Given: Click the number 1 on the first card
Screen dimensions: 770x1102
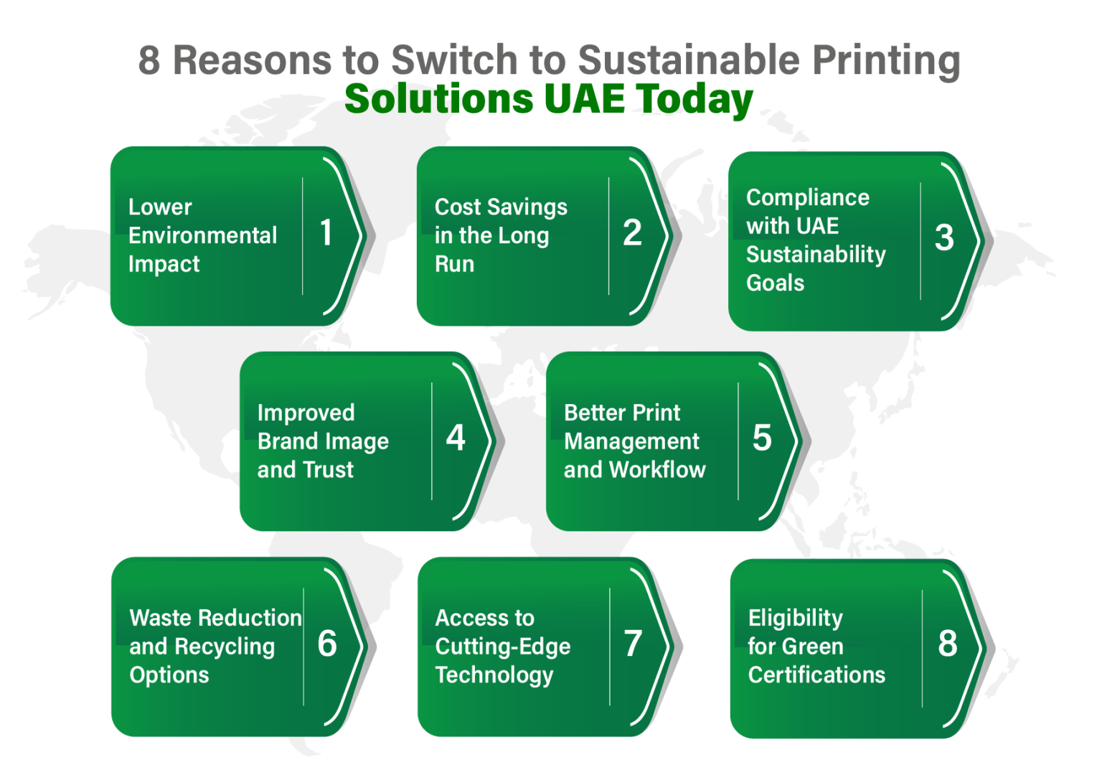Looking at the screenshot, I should (x=326, y=233).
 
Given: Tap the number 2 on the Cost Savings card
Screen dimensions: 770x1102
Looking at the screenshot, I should (x=632, y=233).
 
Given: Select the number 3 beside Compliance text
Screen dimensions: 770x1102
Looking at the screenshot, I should (x=944, y=238).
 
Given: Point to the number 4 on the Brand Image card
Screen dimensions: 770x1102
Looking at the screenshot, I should (x=456, y=438).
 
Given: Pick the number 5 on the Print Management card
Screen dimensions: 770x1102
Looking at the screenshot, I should (x=762, y=438).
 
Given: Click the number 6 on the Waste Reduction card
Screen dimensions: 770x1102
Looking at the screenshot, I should (x=327, y=644).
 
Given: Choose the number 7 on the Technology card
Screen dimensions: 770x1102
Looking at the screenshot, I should (x=633, y=644).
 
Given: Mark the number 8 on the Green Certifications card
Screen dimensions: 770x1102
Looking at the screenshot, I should (x=947, y=644).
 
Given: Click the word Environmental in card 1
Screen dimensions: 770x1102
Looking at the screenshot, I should (x=202, y=235).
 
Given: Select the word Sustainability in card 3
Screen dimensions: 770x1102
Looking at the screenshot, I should (x=816, y=255).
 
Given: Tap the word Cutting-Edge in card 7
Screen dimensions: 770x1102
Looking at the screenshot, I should (x=503, y=647).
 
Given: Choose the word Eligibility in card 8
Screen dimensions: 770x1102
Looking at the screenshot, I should (x=795, y=618).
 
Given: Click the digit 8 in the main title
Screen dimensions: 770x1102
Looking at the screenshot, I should (x=149, y=60).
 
